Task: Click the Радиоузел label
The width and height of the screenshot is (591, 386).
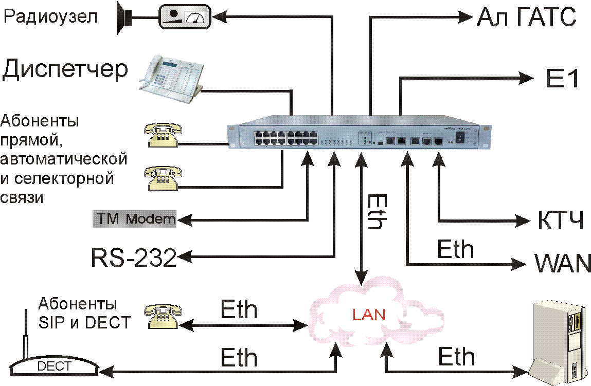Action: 50,17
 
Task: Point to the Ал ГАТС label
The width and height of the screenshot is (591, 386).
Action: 526,18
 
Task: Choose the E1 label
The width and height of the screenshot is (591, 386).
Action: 562,79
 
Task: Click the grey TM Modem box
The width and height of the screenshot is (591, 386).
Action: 134,219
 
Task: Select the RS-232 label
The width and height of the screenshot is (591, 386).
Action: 134,258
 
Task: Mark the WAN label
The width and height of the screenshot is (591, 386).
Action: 563,264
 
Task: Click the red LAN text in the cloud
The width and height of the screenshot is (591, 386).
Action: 368,314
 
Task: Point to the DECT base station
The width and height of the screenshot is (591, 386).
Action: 53,363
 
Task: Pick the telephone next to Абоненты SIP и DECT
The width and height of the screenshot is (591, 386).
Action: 162,315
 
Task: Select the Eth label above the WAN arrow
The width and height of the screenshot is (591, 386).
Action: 455,250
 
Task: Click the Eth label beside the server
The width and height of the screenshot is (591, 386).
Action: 456,357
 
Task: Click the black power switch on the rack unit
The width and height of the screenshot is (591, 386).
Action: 460,137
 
